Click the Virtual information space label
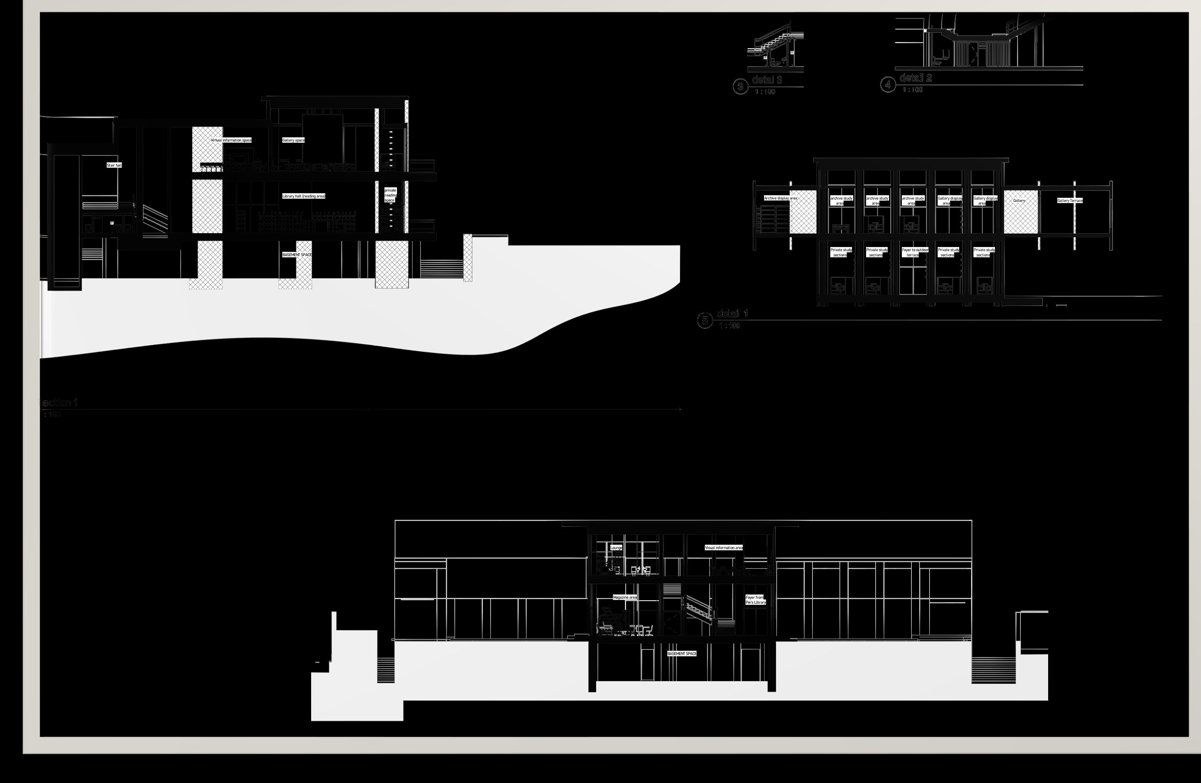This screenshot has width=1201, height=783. [231, 140]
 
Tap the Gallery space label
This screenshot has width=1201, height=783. [293, 140]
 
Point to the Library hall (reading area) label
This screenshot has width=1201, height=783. [303, 196]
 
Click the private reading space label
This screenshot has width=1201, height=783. [390, 195]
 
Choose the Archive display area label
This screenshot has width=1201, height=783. [780, 198]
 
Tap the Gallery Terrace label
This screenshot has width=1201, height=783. [1069, 201]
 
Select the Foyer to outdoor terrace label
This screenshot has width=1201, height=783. [915, 252]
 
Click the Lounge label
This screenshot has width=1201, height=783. [616, 548]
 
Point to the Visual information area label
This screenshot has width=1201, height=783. [724, 548]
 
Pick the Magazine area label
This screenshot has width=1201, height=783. [625, 598]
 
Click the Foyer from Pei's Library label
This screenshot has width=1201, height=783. [755, 600]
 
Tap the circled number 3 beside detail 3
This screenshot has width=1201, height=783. [740, 87]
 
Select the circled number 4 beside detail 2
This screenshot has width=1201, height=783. [888, 85]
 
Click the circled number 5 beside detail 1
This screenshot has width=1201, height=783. [705, 320]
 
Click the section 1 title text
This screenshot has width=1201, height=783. [60, 403]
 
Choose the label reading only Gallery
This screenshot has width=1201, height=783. [1019, 201]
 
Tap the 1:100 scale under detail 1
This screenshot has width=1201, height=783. [729, 326]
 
